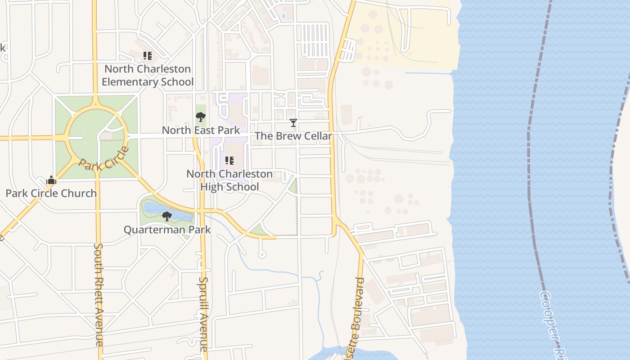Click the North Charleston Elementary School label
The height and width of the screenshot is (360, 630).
148,76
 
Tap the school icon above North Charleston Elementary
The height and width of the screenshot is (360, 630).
148,56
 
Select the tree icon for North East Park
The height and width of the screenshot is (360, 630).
201,117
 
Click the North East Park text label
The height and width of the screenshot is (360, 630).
201,130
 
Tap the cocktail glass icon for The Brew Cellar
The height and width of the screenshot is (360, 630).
293,123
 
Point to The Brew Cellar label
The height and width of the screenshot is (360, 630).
293,136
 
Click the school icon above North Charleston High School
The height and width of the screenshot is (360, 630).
229,161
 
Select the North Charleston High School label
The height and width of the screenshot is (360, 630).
229,180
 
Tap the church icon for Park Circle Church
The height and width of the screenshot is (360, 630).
51,180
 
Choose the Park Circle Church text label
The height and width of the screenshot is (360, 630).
51,193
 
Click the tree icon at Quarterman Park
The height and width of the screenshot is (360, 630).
167,216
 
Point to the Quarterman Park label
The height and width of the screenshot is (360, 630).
167,229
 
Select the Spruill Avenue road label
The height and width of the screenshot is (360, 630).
203,314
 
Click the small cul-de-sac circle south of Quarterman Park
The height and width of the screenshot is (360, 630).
262,255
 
